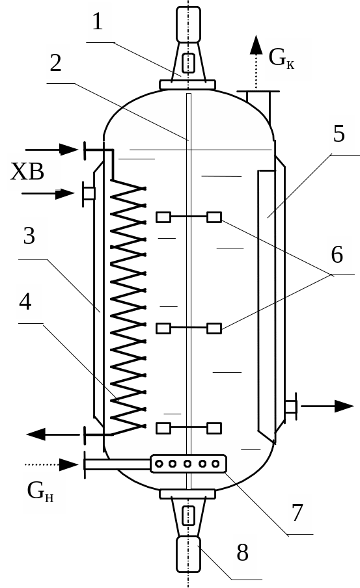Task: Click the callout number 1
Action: click(x=97, y=21)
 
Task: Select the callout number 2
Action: click(x=55, y=63)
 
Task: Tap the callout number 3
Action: click(x=29, y=236)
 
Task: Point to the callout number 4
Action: click(x=25, y=302)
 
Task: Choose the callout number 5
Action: click(x=339, y=134)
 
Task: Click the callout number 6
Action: click(x=337, y=254)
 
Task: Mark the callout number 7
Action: click(x=297, y=513)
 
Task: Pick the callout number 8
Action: click(x=243, y=552)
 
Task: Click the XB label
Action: click(x=27, y=172)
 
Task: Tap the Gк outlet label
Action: click(x=281, y=58)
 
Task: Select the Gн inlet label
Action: click(x=40, y=491)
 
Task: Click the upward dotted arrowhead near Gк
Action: click(x=256, y=45)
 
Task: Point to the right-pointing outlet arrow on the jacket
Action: click(x=327, y=406)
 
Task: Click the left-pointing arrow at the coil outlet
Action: click(x=53, y=434)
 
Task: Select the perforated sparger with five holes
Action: click(x=188, y=464)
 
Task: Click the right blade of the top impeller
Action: click(x=214, y=217)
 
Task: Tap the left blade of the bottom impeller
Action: click(x=163, y=428)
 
